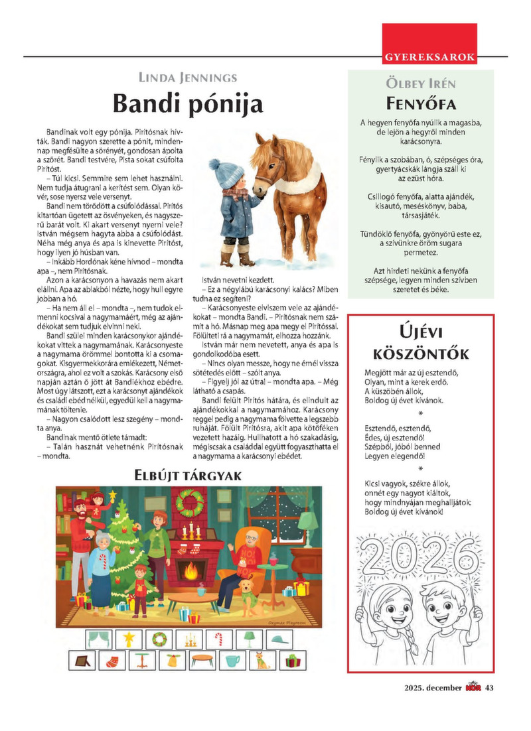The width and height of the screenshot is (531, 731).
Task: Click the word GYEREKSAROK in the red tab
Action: pyautogui.click(x=429, y=57)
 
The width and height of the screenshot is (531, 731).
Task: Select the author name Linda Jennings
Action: pyautogui.click(x=187, y=78)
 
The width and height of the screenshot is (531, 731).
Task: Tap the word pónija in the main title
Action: pyautogui.click(x=223, y=104)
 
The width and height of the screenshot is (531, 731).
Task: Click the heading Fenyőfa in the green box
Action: pyautogui.click(x=420, y=104)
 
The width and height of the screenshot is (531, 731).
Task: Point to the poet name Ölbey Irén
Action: pyautogui.click(x=420, y=84)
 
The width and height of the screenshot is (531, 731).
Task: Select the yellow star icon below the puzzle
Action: pyautogui.click(x=129, y=639)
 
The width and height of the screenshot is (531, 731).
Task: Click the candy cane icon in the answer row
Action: pyautogui.click(x=219, y=639)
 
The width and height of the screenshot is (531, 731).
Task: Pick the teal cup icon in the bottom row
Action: pyautogui.click(x=232, y=661)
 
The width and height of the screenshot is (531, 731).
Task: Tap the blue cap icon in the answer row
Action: pyautogui.click(x=279, y=639)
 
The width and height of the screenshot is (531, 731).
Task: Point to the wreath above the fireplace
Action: pyautogui.click(x=192, y=504)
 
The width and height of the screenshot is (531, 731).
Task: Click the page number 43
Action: pyautogui.click(x=490, y=687)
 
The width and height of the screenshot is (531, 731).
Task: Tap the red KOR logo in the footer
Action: pyautogui.click(x=473, y=687)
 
